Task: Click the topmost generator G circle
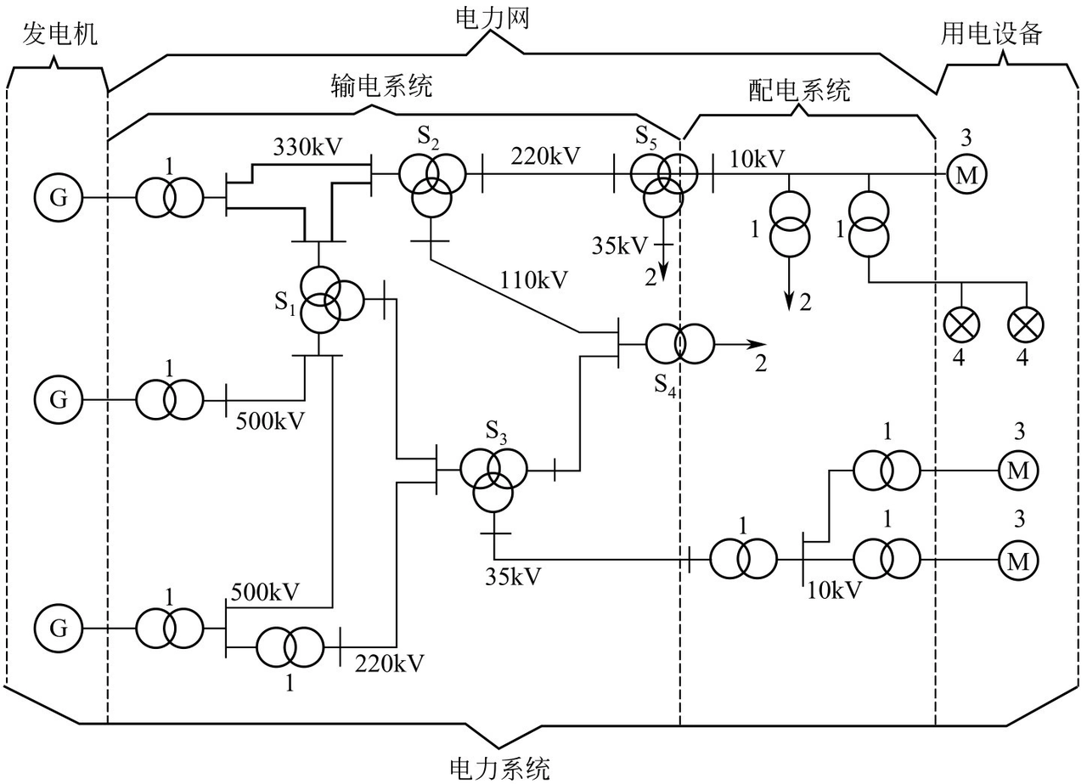(59, 198)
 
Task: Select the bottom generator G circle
(59, 629)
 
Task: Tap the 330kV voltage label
(307, 147)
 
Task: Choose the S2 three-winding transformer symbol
(431, 183)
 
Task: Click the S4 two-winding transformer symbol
(679, 344)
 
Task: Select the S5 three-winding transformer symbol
(663, 182)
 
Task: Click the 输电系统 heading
(382, 87)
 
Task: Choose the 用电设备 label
(991, 34)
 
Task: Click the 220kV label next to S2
(546, 155)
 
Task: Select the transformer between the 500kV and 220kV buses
(289, 647)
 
